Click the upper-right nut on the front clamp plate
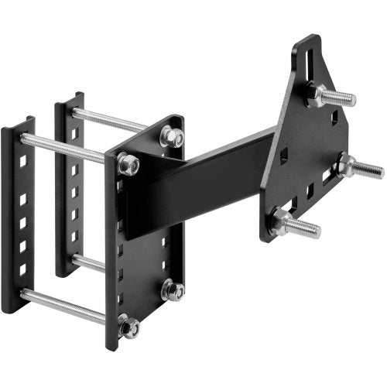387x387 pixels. (x=171, y=137)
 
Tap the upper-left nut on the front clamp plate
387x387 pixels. (x=128, y=164)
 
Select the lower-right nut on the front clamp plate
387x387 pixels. (x=173, y=290)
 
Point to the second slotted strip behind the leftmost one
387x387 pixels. (x=68, y=186)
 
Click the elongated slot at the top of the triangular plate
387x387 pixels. (x=309, y=53)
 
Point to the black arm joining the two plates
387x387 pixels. (x=209, y=178)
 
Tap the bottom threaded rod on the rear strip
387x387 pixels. (x=89, y=263)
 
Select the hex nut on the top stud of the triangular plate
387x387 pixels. (x=318, y=94)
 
